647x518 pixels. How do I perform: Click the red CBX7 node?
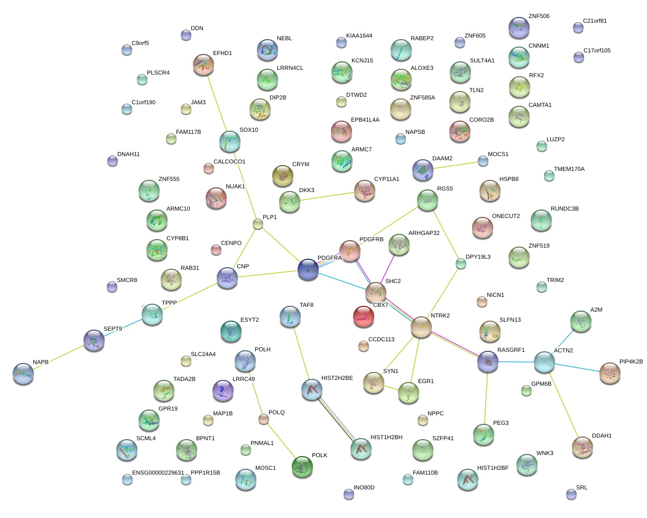pos(363,316)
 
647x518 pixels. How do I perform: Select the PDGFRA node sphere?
pos(308,269)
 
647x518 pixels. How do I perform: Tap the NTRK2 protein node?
pos(421,327)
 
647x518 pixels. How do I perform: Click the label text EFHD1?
pos(223,53)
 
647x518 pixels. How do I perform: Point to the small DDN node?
pos(186,35)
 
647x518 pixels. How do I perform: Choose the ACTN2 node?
pos(544,362)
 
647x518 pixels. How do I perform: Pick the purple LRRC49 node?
pos(223,390)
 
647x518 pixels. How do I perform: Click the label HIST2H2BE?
pos(337,378)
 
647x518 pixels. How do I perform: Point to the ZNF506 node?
pos(518,27)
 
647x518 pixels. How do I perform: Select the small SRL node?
pos(571,494)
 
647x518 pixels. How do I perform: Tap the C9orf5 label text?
pos(140,43)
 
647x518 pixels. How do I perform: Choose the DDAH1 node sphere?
pos(583,447)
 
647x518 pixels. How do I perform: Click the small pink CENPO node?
pos(216,249)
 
